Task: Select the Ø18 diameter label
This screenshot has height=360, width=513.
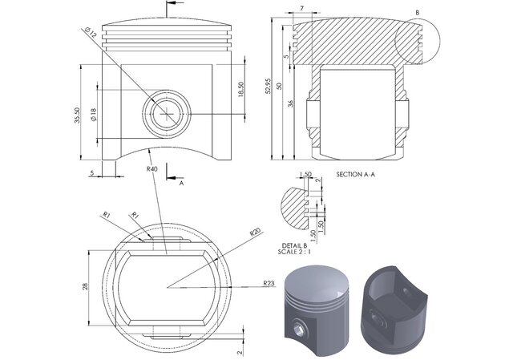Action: pyautogui.click(x=94, y=115)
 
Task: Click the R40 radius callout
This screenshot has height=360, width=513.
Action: pyautogui.click(x=151, y=169)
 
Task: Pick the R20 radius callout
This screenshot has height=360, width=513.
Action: pyautogui.click(x=255, y=233)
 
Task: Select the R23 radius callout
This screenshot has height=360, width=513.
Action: pyautogui.click(x=269, y=283)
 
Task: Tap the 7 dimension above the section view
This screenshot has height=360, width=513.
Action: pyautogui.click(x=301, y=9)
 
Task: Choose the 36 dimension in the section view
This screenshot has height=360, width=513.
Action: pyautogui.click(x=290, y=102)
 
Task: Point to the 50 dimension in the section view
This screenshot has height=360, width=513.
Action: pyautogui.click(x=279, y=87)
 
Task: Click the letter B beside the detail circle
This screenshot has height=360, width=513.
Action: pyautogui.click(x=417, y=13)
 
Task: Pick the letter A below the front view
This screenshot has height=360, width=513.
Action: pyautogui.click(x=181, y=183)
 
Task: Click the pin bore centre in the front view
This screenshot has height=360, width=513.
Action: pyautogui.click(x=167, y=114)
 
